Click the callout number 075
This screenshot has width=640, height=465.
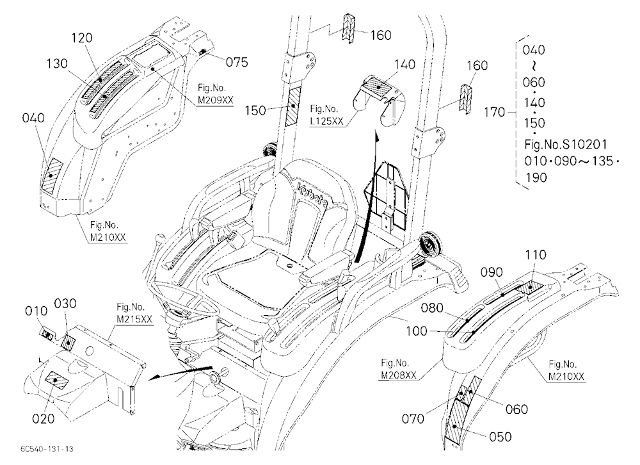click(237, 61)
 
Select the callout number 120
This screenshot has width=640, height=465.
click(82, 38)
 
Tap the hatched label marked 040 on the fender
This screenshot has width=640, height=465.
click(52, 175)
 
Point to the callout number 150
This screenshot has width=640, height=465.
click(255, 110)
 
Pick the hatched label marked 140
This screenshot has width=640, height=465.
click(378, 86)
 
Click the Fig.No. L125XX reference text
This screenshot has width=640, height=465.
click(326, 115)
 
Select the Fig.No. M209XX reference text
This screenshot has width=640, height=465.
click(215, 94)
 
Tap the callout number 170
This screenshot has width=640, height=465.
click(494, 112)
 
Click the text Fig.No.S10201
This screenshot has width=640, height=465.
click(565, 144)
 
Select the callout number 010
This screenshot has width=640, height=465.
click(36, 311)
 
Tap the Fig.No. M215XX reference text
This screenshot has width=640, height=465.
click(134, 313)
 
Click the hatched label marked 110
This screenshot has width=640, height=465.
click(530, 288)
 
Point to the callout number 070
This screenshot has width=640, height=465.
click(413, 419)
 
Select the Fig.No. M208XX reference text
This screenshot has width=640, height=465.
click(399, 369)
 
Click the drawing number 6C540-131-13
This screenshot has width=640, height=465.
click(47, 449)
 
